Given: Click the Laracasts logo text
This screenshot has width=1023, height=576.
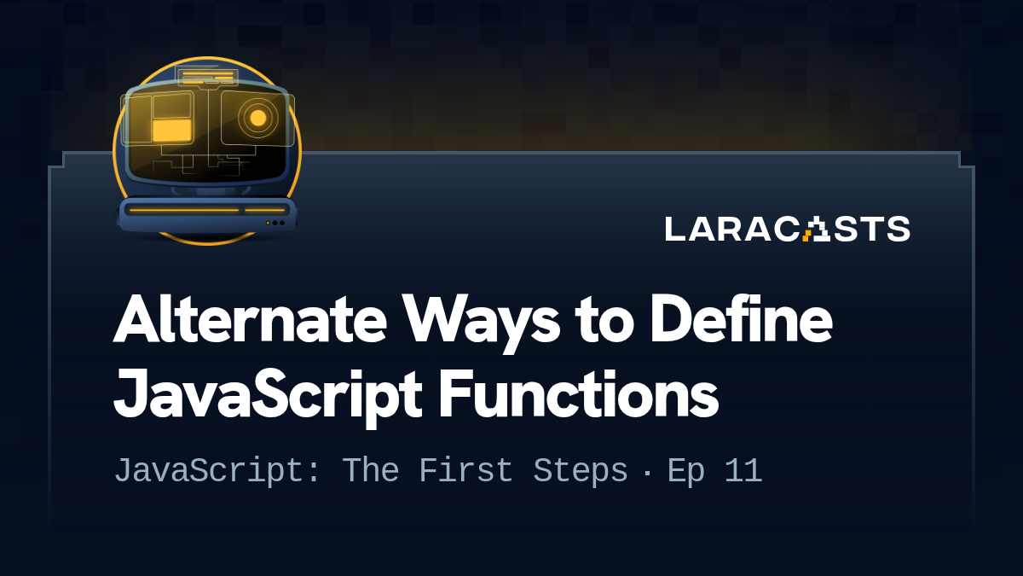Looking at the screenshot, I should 787,229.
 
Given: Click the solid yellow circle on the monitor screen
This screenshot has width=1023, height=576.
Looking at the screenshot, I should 258,118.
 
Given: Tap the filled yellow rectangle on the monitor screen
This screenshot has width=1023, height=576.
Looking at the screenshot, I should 171,130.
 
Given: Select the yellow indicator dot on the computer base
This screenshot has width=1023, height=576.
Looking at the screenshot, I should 268,223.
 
